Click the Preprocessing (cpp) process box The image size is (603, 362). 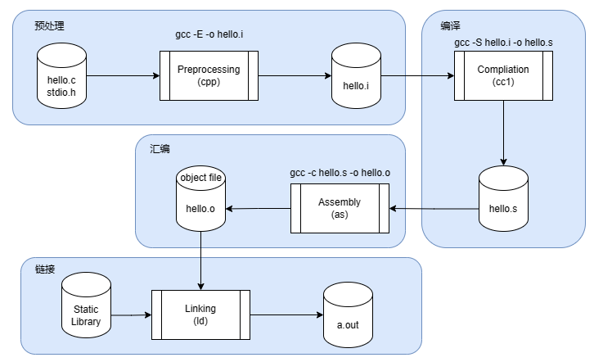click(209, 75)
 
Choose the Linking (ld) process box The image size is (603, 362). click(200, 314)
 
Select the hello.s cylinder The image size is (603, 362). click(503, 200)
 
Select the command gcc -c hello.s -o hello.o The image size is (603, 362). click(340, 173)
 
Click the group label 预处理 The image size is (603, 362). click(49, 25)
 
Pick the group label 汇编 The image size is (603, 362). click(160, 150)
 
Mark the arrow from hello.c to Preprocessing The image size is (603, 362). click(122, 76)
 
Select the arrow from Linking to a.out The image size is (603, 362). click(286, 314)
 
